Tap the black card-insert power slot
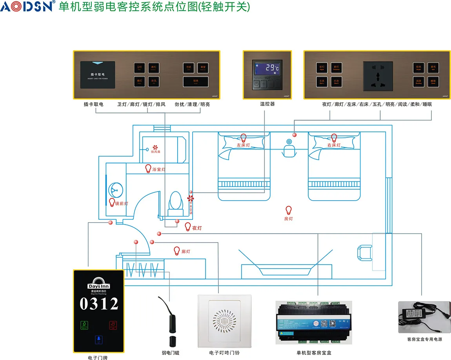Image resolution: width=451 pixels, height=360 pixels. (x=97, y=74)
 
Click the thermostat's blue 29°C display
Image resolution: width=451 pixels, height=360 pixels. (x=267, y=68)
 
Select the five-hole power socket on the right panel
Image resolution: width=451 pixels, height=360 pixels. (x=378, y=74)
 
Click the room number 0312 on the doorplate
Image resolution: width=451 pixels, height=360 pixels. (x=99, y=304)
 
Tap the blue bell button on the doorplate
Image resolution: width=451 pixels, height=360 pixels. (x=99, y=340)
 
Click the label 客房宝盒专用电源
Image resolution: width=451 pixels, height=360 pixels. (x=424, y=339)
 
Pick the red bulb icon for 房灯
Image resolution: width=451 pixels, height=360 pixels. (x=289, y=210)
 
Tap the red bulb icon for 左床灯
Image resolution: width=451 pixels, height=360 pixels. (x=243, y=137)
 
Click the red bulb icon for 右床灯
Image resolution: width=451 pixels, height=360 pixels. (x=334, y=137)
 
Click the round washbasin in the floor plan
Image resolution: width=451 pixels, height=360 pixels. (x=116, y=190)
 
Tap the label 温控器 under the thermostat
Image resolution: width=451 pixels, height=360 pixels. (x=267, y=104)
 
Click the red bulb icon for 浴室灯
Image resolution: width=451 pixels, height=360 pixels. (x=148, y=169)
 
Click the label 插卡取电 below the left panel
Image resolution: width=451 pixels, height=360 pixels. (x=93, y=104)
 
